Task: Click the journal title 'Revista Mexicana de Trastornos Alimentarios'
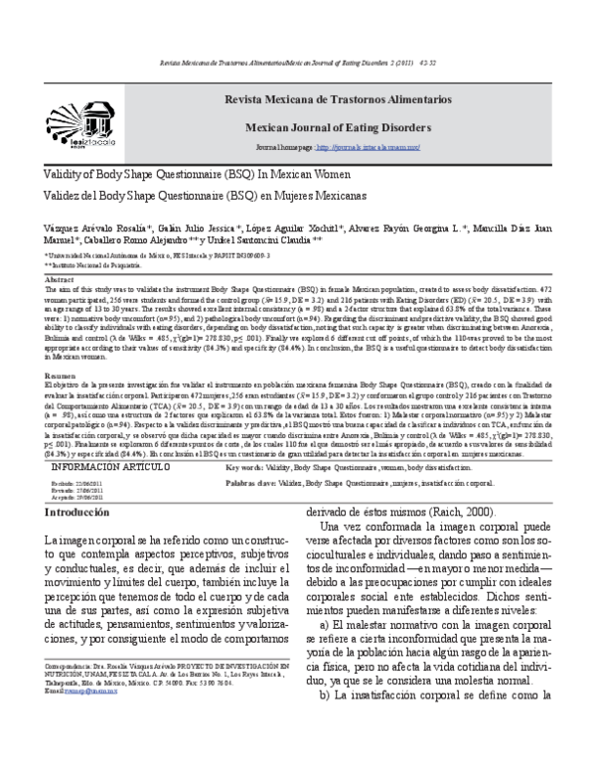(x=338, y=101)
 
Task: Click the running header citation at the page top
(x=298, y=61)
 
